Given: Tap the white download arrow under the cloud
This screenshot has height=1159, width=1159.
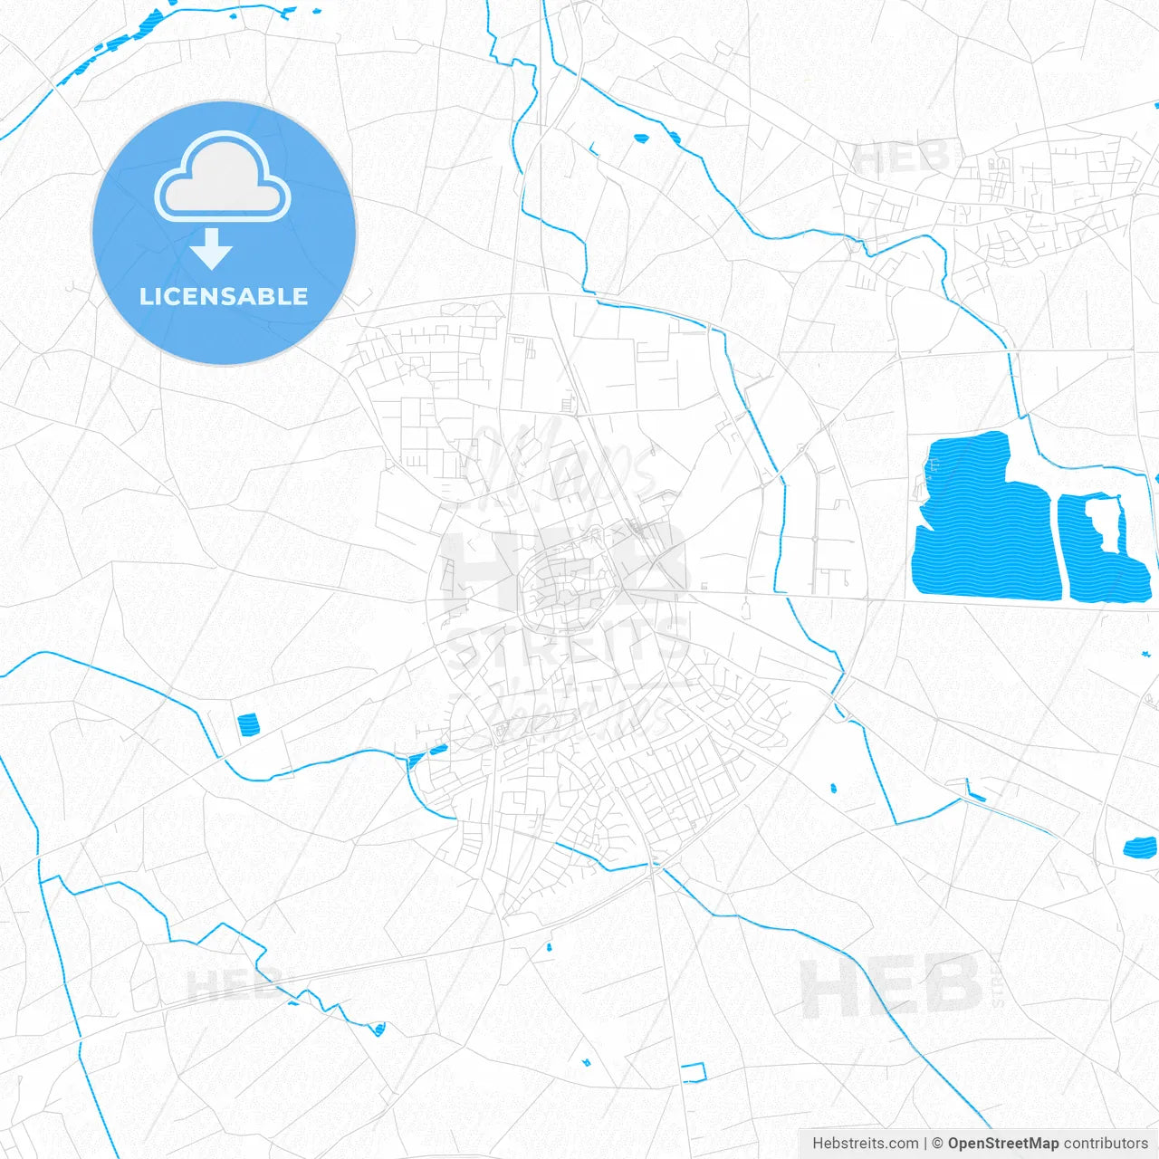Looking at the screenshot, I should pyautogui.click(x=212, y=249).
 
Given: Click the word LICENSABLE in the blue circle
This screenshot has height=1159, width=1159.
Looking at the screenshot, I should pyautogui.click(x=224, y=296).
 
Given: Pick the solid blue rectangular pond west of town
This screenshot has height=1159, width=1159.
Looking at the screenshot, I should pyautogui.click(x=247, y=724).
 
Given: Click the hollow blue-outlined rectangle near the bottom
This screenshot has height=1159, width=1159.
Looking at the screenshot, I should pyautogui.click(x=694, y=1072).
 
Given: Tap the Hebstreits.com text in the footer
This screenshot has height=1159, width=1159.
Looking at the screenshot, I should pyautogui.click(x=865, y=1144).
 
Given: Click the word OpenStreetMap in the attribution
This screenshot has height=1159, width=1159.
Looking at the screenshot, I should pyautogui.click(x=1002, y=1144).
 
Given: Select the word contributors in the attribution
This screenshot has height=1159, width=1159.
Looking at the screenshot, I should pyautogui.click(x=1106, y=1144).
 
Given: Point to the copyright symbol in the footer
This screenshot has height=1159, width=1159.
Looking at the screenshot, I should pyautogui.click(x=938, y=1144).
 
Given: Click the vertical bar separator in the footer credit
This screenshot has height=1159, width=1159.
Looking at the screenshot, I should pyautogui.click(x=925, y=1144).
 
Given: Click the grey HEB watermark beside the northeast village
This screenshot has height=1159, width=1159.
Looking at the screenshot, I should pyautogui.click(x=901, y=158).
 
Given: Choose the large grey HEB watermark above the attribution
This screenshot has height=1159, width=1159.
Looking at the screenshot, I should pyautogui.click(x=892, y=987).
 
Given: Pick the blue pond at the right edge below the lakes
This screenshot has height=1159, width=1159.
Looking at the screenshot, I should pyautogui.click(x=1140, y=848).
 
